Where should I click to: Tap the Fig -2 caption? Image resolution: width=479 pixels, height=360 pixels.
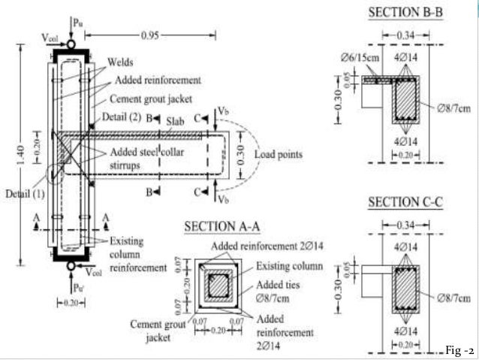point(459,351)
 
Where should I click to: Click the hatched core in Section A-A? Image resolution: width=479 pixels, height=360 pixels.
point(218,286)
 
